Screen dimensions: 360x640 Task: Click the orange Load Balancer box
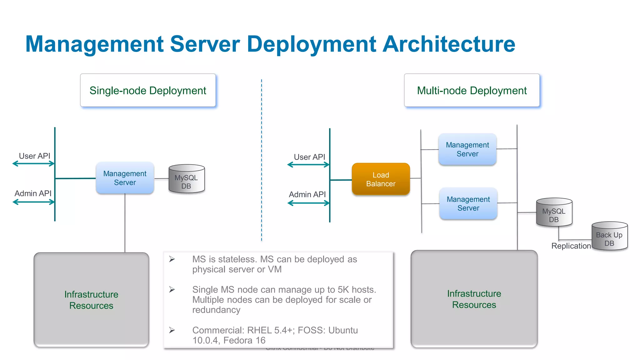pos(381,179)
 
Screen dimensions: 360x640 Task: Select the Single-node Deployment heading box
pos(148,90)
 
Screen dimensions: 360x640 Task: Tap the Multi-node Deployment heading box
pos(472,90)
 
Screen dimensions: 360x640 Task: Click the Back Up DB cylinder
pos(609,236)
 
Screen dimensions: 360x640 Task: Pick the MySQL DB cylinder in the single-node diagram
pos(187,179)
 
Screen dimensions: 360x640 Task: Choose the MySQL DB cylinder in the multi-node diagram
pos(554,212)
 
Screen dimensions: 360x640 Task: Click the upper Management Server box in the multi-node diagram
pos(467,149)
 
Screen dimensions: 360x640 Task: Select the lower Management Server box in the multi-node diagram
pos(468,203)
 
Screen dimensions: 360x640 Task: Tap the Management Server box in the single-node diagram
pos(125,178)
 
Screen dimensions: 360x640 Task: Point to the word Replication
pos(571,246)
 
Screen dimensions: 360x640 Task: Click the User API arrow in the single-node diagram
pos(33,163)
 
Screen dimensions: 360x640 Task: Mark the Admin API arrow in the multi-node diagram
pos(308,203)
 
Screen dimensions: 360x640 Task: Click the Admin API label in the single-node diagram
pos(33,193)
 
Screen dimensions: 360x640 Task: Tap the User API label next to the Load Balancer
pos(309,157)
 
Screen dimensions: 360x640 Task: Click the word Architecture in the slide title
pos(449,44)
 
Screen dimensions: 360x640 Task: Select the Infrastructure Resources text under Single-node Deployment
pos(91,300)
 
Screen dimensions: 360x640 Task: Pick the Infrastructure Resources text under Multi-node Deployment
pos(474,299)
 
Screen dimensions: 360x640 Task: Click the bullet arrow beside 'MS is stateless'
pos(172,259)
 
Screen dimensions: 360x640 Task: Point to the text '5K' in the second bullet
pos(343,290)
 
